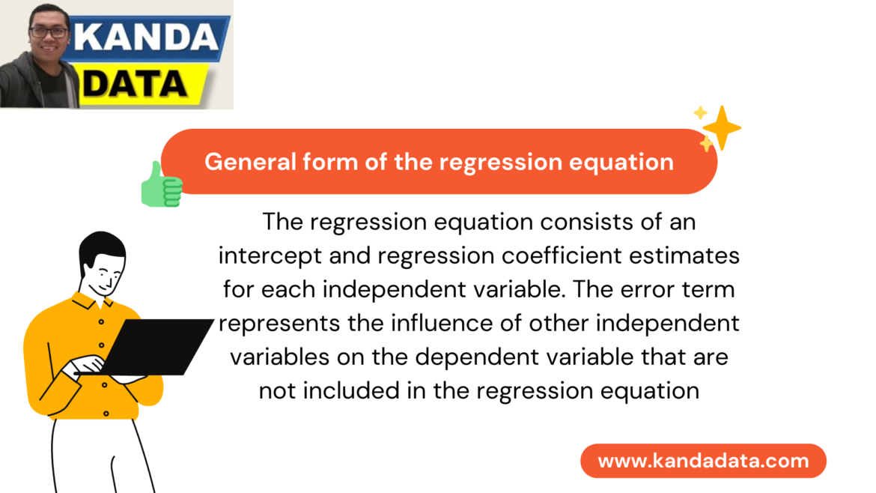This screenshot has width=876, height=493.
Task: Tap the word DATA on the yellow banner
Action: click(x=135, y=84)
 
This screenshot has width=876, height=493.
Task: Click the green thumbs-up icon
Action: click(x=161, y=184)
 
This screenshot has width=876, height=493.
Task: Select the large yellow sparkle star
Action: click(x=722, y=127)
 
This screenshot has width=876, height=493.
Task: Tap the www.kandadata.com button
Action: click(x=703, y=461)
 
